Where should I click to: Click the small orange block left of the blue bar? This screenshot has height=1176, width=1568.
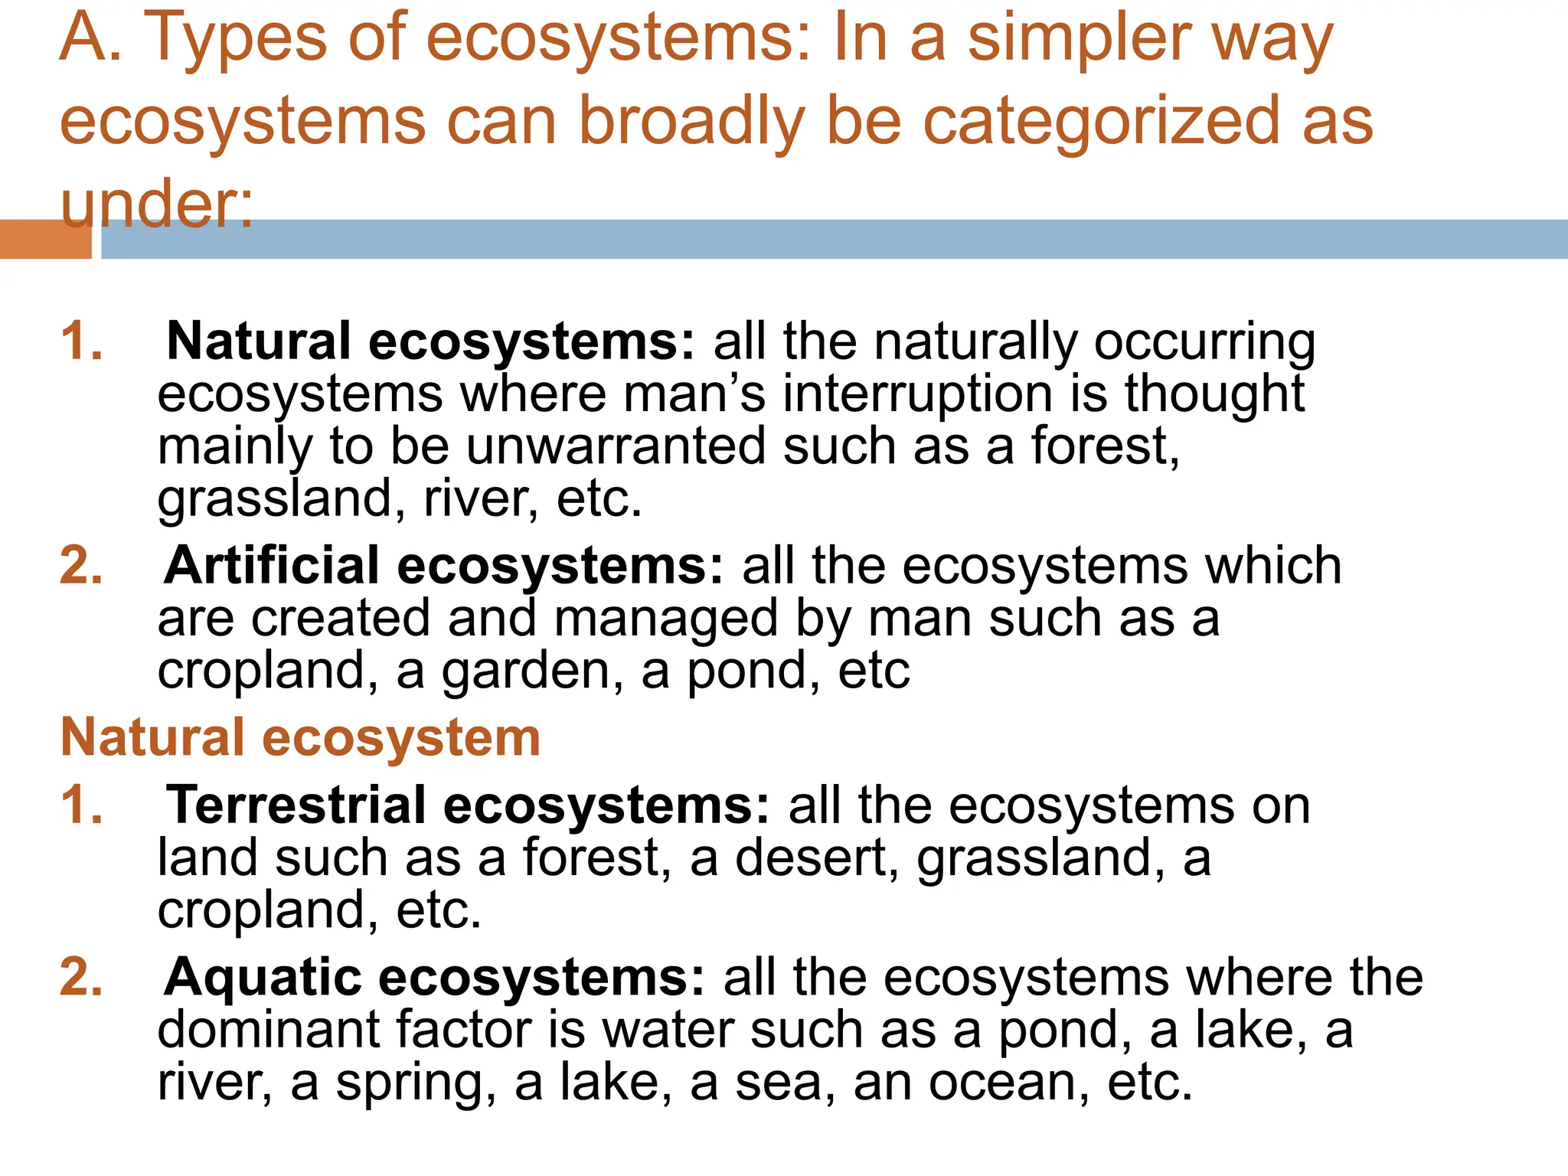tap(45, 239)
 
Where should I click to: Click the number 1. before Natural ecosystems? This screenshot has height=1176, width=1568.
tap(82, 341)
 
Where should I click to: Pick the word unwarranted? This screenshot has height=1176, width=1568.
tap(616, 446)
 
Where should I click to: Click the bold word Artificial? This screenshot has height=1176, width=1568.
tap(272, 566)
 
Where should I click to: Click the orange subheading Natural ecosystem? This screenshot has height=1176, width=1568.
tap(300, 738)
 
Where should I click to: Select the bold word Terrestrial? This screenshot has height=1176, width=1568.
tap(296, 805)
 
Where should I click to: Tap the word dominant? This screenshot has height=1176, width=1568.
tap(268, 1030)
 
